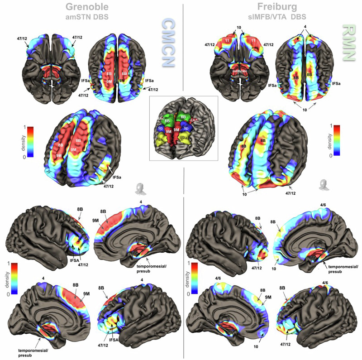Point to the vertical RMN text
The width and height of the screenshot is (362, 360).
coord(348,38)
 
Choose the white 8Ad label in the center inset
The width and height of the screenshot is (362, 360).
coord(161,119)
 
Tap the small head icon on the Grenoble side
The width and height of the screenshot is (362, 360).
coord(138,188)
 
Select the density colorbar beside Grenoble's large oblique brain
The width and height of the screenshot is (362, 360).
coord(32,141)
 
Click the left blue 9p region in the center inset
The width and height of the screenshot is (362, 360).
coord(160,129)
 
